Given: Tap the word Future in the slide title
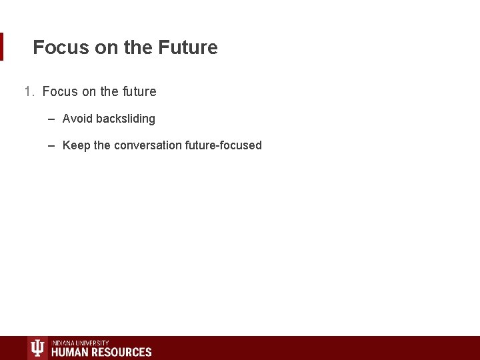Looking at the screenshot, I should click(188, 48).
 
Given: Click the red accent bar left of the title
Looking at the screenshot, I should click(1, 47).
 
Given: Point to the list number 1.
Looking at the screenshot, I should click(29, 92).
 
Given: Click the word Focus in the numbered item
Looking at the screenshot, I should click(60, 92).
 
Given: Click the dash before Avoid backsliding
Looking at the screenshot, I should click(51, 119).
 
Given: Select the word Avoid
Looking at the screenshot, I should click(77, 119).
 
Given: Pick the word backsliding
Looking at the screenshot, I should click(125, 119).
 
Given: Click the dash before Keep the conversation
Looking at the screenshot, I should click(51, 146).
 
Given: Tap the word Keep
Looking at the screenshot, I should click(76, 146).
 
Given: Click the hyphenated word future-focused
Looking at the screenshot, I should click(223, 146).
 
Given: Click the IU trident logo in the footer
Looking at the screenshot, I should click(37, 348).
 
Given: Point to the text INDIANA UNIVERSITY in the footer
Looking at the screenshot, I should click(80, 343).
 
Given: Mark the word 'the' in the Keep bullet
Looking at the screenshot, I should click(102, 146).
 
